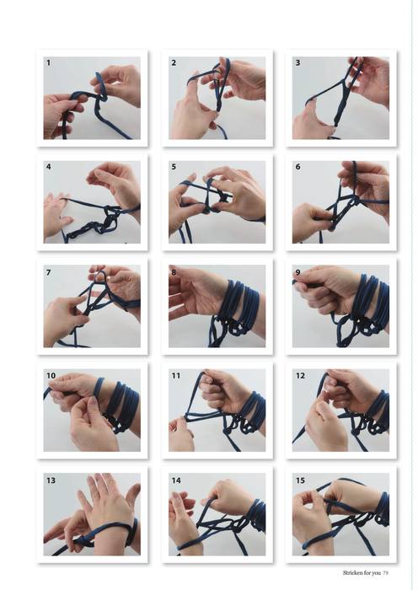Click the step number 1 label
pyautogui.click(x=48, y=63)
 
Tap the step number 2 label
pyautogui.click(x=174, y=63)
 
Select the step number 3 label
pyautogui.click(x=297, y=63)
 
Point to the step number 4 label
pyautogui.click(x=49, y=166)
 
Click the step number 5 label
pyautogui.click(x=174, y=166)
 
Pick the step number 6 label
pyautogui.click(x=298, y=166)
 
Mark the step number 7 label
pyautogui.click(x=48, y=272)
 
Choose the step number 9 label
pyautogui.click(x=298, y=272)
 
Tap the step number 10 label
pyautogui.click(x=51, y=376)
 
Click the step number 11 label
pyautogui.click(x=175, y=376)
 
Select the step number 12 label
pyautogui.click(x=300, y=376)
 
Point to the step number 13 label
pyautogui.click(x=51, y=480)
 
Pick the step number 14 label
pyautogui.click(x=176, y=480)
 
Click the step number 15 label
pyautogui.click(x=300, y=480)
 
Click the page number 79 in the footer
pyautogui.click(x=386, y=572)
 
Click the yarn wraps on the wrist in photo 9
pyautogui.click(x=371, y=301)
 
